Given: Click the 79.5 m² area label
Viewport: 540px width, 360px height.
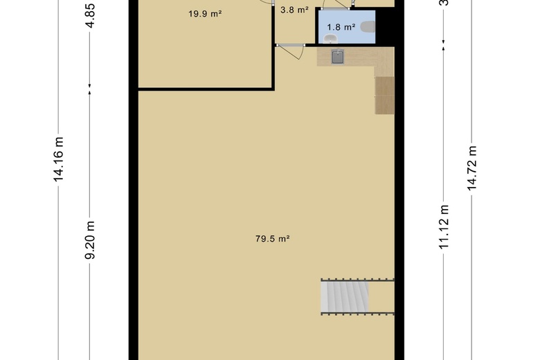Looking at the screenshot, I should [271, 239].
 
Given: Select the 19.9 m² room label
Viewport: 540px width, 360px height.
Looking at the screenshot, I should [205, 13].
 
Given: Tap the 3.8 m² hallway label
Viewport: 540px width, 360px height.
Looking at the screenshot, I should [294, 10].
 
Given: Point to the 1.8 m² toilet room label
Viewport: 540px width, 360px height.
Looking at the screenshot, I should [341, 28].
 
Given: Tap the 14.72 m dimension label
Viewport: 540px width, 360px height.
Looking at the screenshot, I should [472, 168].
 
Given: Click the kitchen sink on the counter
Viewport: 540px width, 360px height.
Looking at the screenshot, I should [337, 57].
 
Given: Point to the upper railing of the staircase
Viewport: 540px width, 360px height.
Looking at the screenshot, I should [357, 280].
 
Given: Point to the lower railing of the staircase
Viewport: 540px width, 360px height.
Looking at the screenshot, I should [357, 312].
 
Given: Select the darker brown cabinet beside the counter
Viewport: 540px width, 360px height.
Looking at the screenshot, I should [384, 95].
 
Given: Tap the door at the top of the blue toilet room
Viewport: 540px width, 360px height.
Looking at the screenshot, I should [336, 8].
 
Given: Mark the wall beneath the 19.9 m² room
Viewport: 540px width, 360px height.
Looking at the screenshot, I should [205, 89].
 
